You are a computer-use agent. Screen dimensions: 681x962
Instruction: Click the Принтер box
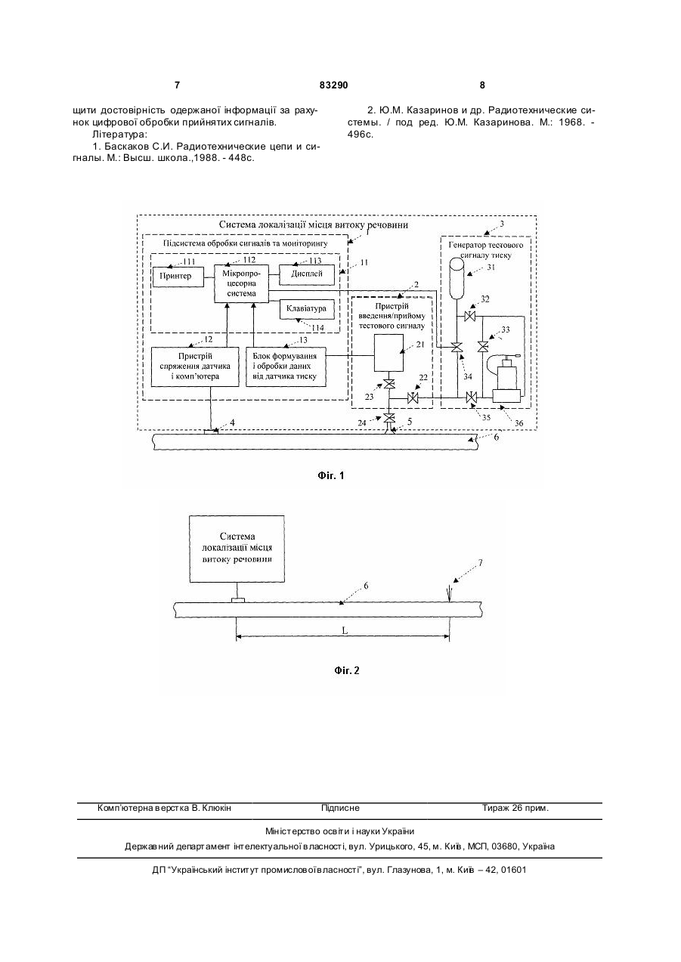coord(178,277)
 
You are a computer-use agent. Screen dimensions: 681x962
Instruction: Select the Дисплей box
coord(307,274)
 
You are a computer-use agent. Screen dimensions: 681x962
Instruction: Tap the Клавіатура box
coord(307,309)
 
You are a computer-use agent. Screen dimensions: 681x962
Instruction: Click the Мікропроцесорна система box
coord(241,284)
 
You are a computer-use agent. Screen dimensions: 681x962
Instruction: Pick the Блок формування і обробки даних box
coord(286,367)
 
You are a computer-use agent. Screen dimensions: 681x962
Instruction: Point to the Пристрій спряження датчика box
coord(195,367)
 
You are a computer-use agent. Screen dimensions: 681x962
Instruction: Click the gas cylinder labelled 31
coord(457,278)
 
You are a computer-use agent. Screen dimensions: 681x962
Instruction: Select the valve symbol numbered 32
coord(469,317)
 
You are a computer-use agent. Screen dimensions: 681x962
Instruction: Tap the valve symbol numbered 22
coord(413,398)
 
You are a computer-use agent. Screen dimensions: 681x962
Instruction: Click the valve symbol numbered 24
coord(389,417)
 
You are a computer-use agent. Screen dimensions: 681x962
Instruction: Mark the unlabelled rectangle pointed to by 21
coord(388,353)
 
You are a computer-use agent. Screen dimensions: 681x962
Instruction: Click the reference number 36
coord(518,423)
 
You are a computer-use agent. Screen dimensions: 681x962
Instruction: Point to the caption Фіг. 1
coord(331,476)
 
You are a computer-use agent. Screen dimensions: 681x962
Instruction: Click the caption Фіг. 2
coord(346,671)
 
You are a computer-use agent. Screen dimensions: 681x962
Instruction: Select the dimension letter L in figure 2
coord(345,630)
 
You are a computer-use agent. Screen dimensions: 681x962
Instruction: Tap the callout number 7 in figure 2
coord(480,562)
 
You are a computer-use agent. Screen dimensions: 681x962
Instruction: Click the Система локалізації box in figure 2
coord(237,549)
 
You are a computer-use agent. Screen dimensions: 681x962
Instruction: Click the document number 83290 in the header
coord(333,85)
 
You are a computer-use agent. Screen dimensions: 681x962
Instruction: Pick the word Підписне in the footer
coord(340,808)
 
